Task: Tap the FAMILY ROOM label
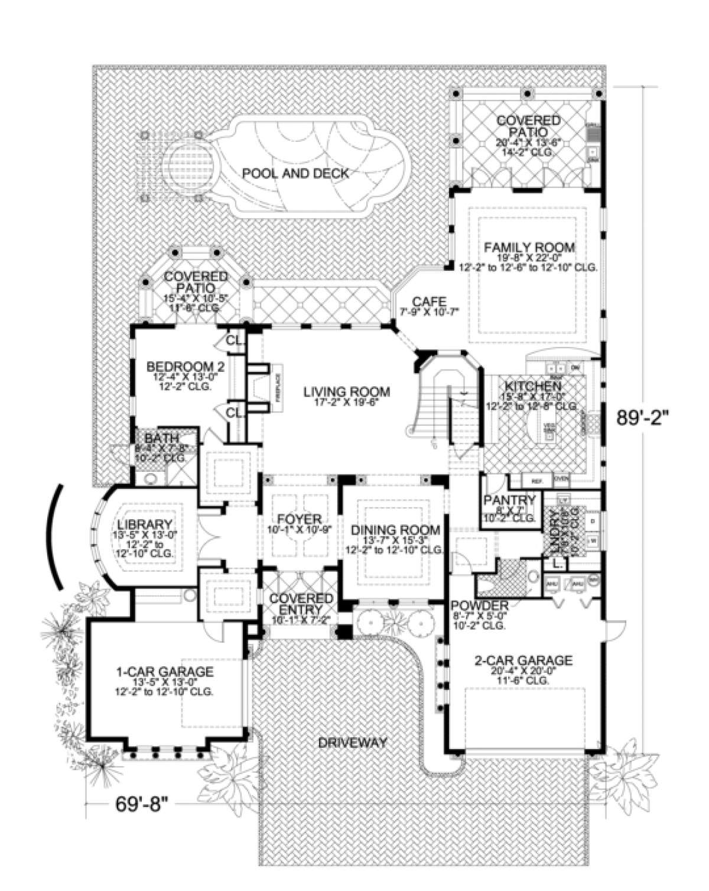pos(529,247)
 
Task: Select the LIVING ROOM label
pos(347,391)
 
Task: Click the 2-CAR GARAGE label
pos(523,660)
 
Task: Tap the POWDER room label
pos(479,605)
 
